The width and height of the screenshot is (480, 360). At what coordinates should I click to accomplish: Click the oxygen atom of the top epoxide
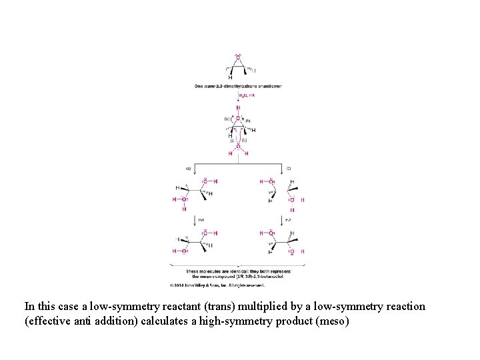point(238,59)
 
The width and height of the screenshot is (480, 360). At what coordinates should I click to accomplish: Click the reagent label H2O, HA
point(247,95)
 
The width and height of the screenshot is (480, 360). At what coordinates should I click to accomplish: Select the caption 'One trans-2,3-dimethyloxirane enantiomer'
point(238,86)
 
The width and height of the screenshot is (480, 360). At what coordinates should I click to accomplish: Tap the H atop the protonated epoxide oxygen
point(238,107)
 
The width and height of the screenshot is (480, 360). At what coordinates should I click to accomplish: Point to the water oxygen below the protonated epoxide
point(238,146)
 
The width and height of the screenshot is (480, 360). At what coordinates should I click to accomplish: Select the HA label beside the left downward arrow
point(201,219)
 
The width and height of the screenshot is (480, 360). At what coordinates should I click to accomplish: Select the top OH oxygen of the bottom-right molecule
point(271,233)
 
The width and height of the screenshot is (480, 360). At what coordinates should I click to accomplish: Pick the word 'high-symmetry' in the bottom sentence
point(221,321)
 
